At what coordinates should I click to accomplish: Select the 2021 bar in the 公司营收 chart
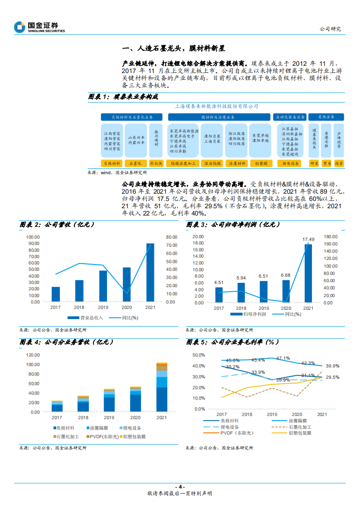pyautogui.click(x=150, y=272)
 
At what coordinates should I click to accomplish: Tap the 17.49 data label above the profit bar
pyautogui.click(x=308, y=239)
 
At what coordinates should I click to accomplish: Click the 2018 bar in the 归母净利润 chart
pyautogui.click(x=241, y=292)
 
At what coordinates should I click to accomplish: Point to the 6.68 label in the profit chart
pyautogui.click(x=286, y=275)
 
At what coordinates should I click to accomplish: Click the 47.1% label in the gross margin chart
pyautogui.click(x=283, y=358)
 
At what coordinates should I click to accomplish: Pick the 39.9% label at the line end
pyautogui.click(x=333, y=366)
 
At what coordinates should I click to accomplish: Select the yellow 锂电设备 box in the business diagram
pyautogui.click(x=290, y=163)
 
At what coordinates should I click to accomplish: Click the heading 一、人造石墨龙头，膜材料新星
pyautogui.click(x=174, y=48)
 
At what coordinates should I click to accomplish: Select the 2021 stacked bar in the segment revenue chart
pyautogui.click(x=162, y=387)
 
